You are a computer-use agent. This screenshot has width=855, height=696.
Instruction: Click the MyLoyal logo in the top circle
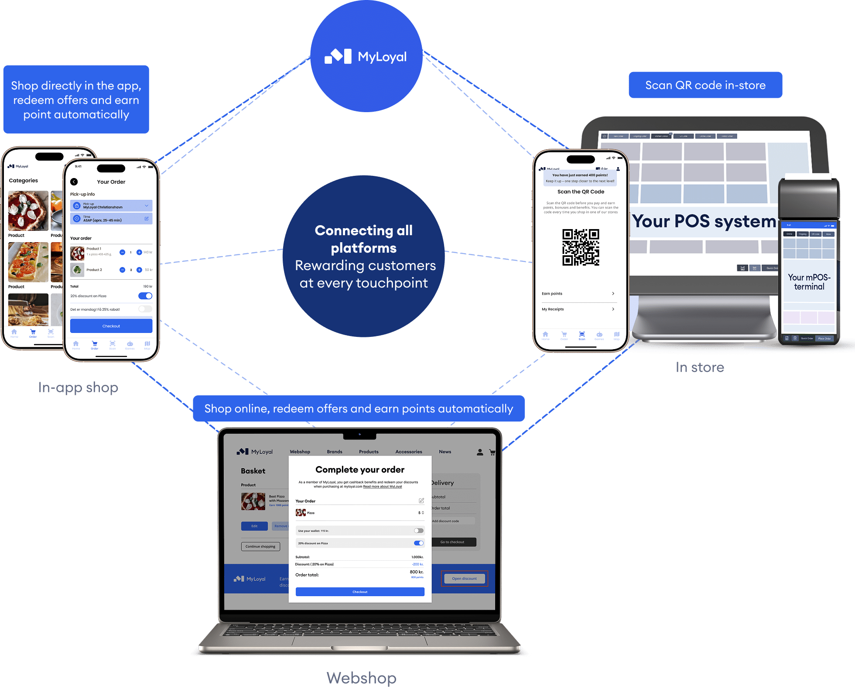(366, 57)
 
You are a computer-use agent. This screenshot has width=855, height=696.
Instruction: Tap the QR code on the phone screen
(581, 247)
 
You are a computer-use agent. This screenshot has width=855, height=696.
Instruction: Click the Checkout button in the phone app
(111, 326)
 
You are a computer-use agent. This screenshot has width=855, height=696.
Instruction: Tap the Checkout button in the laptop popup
(360, 592)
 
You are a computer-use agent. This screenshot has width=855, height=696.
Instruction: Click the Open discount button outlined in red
(464, 579)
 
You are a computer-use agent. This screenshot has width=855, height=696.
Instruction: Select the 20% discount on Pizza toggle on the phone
(145, 296)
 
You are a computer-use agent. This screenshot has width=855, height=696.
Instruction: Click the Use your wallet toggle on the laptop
(418, 531)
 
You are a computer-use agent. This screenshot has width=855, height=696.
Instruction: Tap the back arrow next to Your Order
(74, 182)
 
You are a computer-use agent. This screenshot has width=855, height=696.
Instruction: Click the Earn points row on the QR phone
(578, 294)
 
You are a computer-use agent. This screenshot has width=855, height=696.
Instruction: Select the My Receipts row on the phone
(578, 309)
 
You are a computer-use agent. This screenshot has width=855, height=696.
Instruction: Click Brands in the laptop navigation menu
(335, 452)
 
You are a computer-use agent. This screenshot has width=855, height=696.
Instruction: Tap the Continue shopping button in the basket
(260, 546)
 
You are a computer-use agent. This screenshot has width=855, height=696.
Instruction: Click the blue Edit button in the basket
(254, 526)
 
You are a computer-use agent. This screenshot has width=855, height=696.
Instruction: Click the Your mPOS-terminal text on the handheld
(809, 282)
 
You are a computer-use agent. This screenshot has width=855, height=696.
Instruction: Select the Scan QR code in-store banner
(705, 85)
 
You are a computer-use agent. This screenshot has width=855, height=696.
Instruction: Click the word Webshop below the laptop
(361, 678)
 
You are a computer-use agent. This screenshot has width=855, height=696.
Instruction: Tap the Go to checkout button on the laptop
(452, 542)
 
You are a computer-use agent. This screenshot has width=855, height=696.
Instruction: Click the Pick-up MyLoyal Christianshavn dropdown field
(111, 206)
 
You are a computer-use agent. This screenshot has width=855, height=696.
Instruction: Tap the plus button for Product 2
(139, 270)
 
